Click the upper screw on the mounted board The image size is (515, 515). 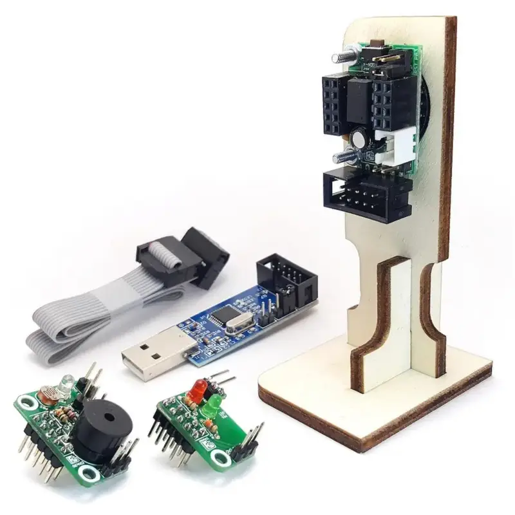[x=341, y=57]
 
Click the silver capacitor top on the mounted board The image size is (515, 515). [x=359, y=137]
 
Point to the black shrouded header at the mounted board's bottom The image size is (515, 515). [x=368, y=193]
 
